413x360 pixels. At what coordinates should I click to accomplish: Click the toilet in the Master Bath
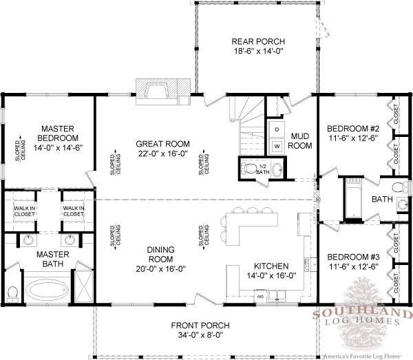coord(12,292)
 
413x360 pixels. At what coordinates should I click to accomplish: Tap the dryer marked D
coord(276,129)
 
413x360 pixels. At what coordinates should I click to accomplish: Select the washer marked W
coord(276,146)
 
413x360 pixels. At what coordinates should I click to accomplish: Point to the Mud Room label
coord(299,141)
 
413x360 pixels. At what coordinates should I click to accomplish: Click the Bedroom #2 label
coord(352,129)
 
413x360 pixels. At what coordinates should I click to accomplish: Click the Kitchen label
coord(271,266)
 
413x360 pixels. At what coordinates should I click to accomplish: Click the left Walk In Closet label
coord(24,211)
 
